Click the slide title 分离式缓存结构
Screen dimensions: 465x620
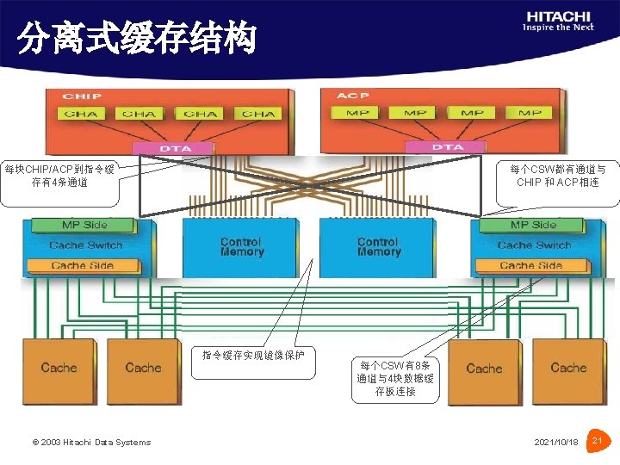(138, 39)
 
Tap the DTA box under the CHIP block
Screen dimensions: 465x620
(175, 148)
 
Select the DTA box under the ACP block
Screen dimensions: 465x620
(448, 147)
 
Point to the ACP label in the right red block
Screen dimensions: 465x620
(352, 95)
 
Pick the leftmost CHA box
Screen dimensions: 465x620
(81, 114)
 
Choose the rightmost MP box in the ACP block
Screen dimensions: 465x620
(530, 113)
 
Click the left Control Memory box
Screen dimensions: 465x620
(240, 248)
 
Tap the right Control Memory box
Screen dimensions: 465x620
(378, 248)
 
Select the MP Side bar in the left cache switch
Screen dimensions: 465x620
(84, 225)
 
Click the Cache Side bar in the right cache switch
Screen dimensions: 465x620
(531, 265)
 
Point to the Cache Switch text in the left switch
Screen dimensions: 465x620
(86, 245)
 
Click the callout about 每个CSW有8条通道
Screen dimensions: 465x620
(395, 378)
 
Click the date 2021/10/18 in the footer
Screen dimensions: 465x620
(556, 443)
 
